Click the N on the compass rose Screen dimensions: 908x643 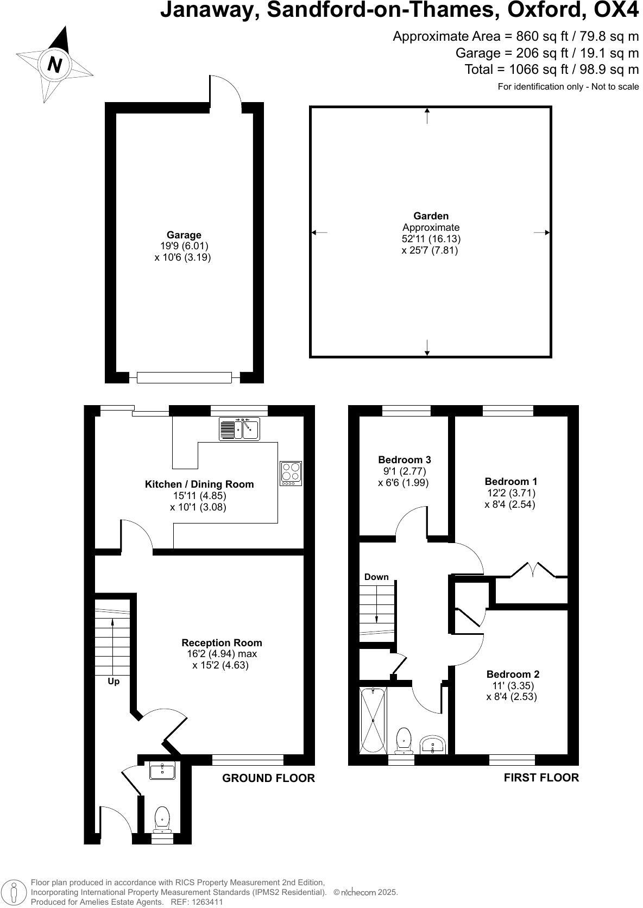[54, 65]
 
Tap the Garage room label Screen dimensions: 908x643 [184, 235]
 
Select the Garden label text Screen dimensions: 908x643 [431, 216]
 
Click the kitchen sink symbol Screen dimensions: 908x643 [239, 428]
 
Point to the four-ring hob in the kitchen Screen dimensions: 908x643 [291, 473]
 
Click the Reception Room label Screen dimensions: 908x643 [222, 643]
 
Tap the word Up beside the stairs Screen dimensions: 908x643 [114, 681]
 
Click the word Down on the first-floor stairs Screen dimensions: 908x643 [376, 577]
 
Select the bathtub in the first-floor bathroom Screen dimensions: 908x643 [373, 720]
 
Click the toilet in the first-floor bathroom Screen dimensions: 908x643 [403, 740]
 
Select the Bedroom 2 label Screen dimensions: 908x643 [513, 674]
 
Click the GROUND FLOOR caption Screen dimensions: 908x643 [268, 778]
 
